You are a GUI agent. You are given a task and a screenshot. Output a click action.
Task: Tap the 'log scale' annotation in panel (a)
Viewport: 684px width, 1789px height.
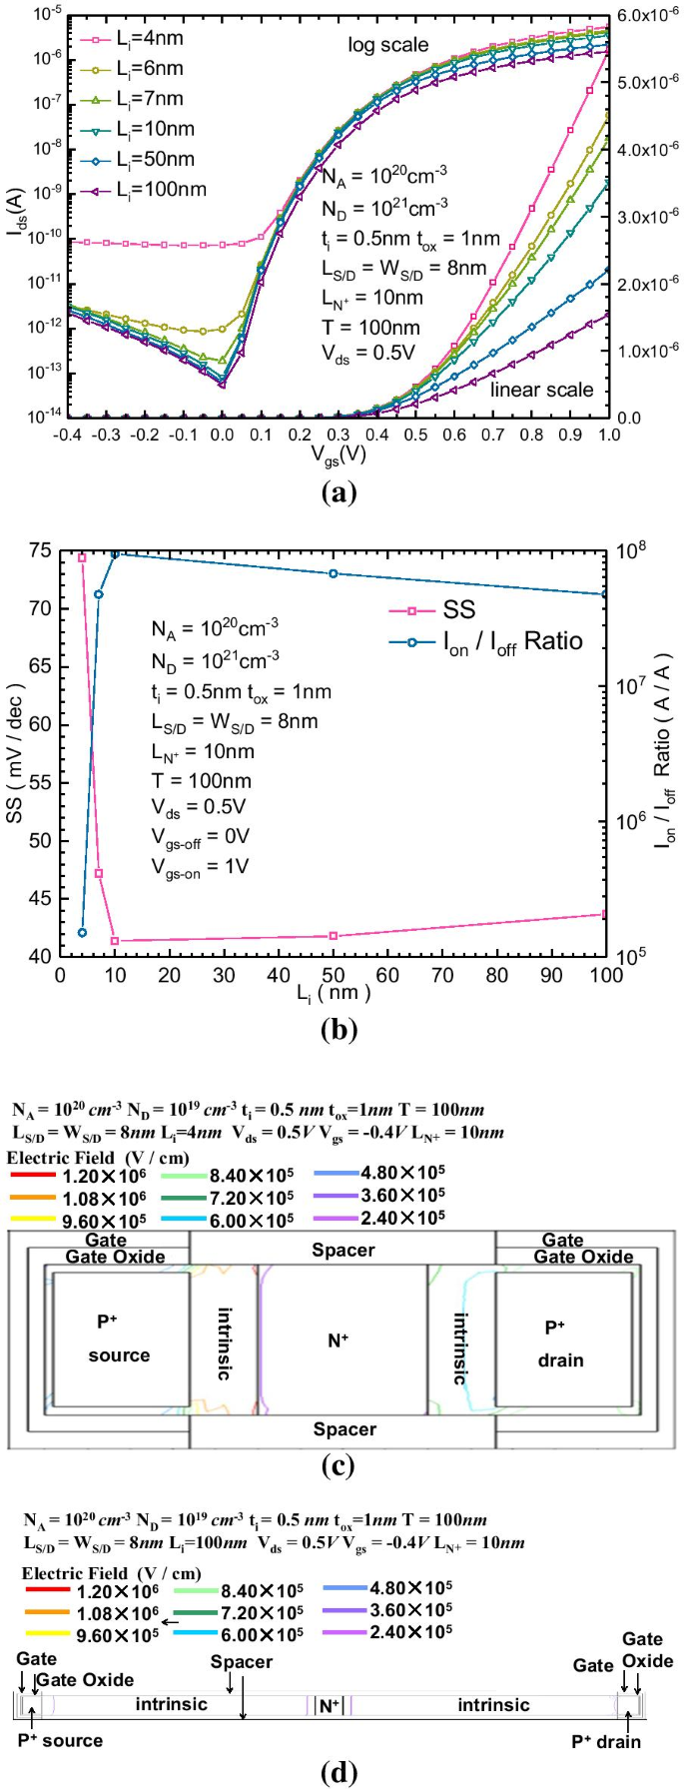pos(387,45)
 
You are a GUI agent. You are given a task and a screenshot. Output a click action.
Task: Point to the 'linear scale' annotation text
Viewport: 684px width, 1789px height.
pos(541,390)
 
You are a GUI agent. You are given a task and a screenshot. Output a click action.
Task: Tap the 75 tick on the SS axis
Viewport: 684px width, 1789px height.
pos(40,550)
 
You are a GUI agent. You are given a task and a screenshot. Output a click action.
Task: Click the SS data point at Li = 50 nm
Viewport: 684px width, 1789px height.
pos(333,936)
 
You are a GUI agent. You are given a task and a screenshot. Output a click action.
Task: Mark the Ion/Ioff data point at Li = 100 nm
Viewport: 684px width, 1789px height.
pos(604,594)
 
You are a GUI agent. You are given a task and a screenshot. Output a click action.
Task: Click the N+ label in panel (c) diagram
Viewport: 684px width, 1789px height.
pos(339,1340)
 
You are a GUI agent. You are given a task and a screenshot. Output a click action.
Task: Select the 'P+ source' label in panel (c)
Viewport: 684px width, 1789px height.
pos(118,1339)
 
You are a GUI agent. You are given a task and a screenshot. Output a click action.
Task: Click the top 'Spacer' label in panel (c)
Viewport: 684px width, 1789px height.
pos(342,1250)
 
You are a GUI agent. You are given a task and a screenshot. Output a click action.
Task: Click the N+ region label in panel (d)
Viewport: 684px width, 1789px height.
pos(330,1705)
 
